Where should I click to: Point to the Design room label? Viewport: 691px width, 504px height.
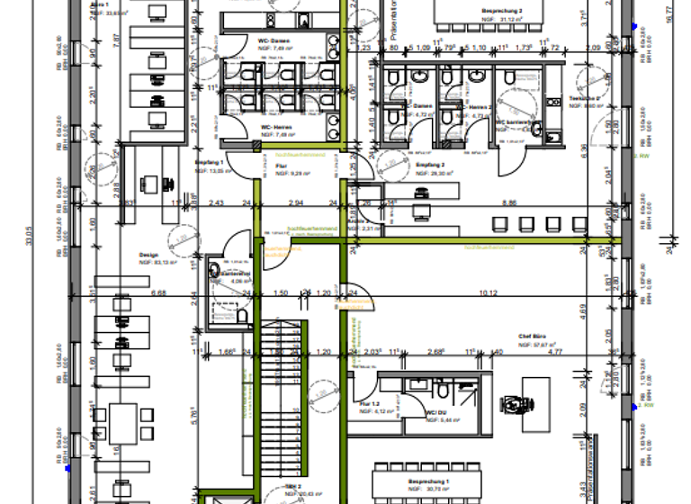[148, 255]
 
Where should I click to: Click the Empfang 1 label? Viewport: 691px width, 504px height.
[209, 161]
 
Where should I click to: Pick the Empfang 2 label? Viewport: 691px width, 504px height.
[430, 166]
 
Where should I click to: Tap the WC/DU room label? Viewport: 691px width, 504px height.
[436, 413]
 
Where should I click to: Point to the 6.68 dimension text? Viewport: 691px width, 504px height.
[157, 292]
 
